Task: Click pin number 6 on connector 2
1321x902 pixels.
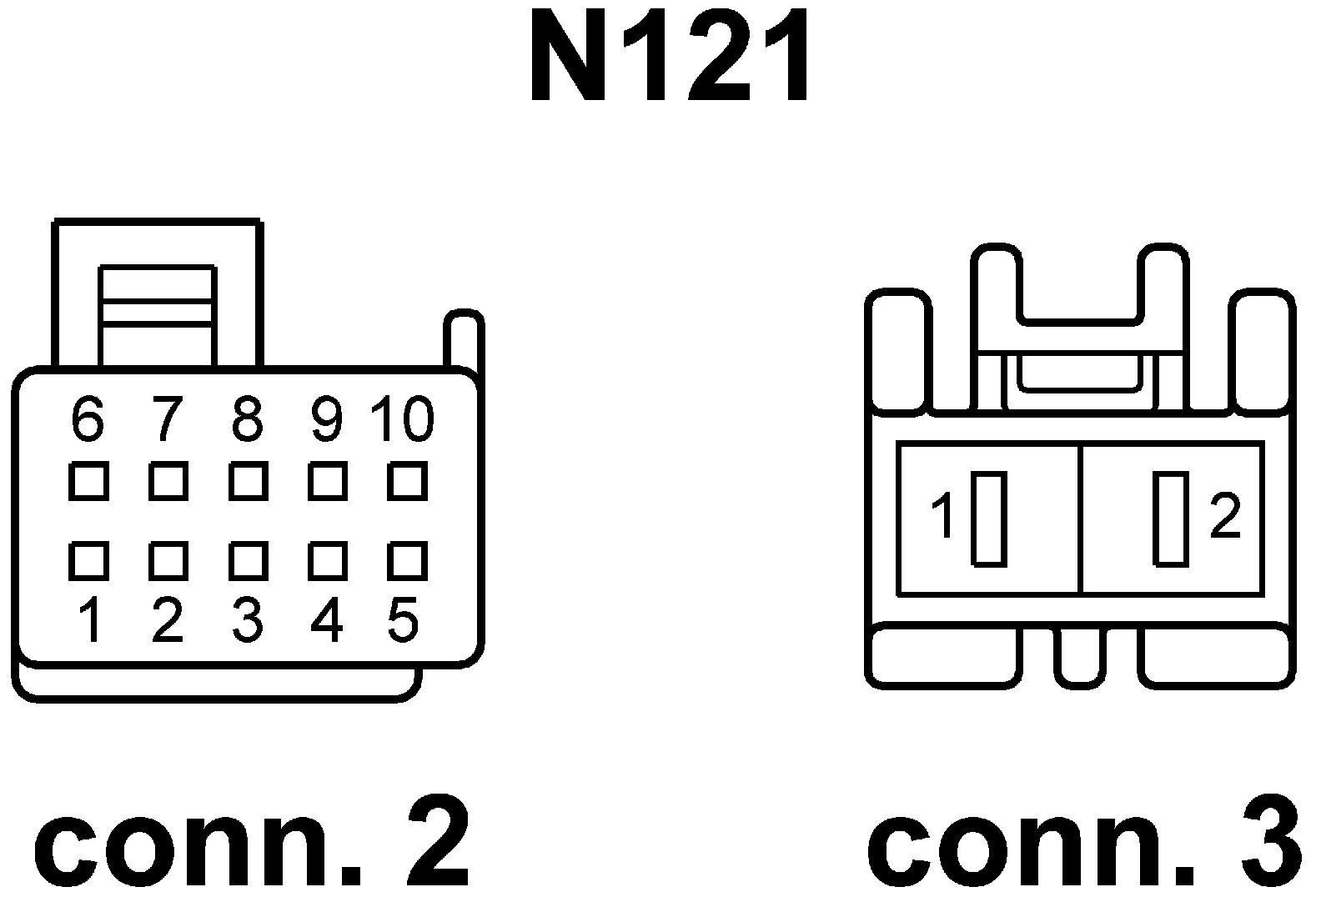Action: [88, 418]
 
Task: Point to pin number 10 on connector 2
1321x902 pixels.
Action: [403, 418]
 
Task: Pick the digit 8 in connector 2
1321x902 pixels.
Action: [247, 418]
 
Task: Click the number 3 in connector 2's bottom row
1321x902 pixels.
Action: [247, 621]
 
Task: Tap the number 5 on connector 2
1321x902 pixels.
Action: [403, 621]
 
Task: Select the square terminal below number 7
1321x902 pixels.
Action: [168, 482]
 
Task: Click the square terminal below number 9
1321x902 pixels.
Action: [327, 482]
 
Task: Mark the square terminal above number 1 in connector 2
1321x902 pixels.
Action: [88, 561]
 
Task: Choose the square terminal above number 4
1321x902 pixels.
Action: [327, 561]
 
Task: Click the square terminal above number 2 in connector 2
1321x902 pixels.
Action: [168, 561]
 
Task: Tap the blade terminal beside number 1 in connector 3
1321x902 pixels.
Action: [989, 519]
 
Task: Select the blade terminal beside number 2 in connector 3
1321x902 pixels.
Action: [1171, 519]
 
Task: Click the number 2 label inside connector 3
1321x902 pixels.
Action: [1224, 516]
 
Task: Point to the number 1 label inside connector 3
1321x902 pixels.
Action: [943, 516]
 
